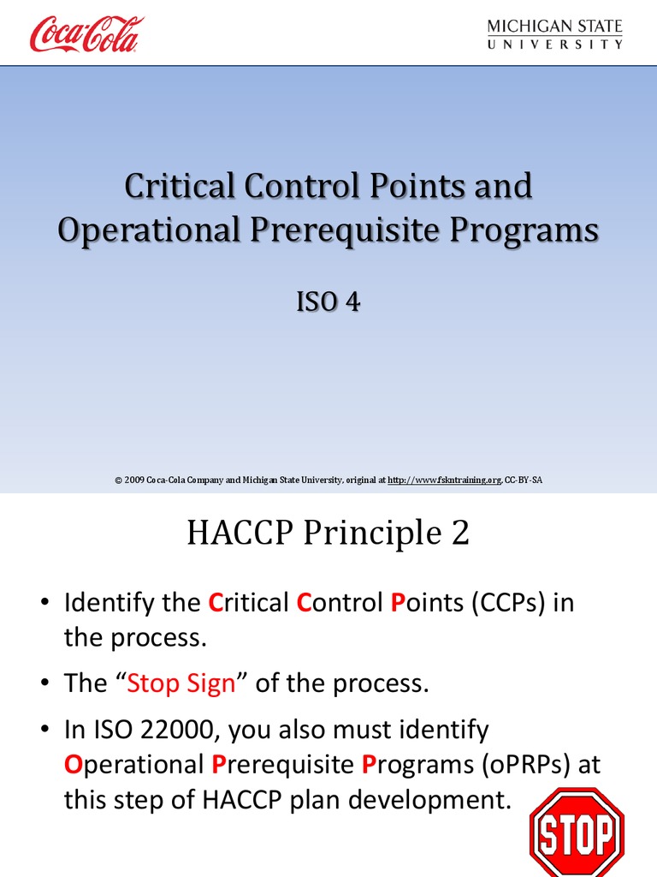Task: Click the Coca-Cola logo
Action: pos(86,34)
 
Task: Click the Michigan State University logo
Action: pos(554,34)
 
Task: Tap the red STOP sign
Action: pos(577,832)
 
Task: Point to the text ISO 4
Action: pos(328,301)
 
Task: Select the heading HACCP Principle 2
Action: pos(328,534)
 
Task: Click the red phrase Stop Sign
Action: pos(181,683)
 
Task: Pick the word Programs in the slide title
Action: pos(525,231)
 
